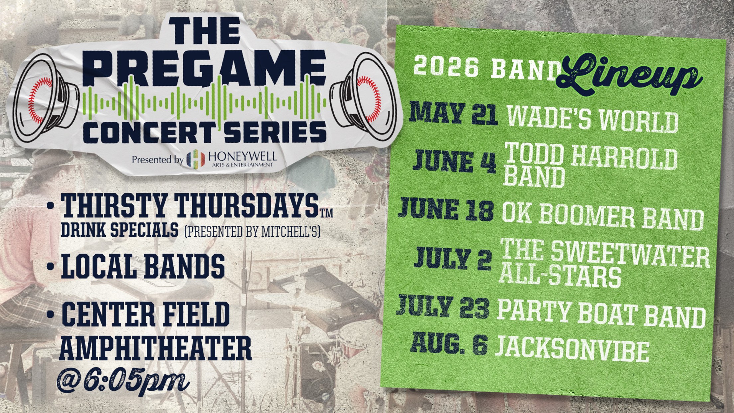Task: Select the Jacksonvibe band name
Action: pyautogui.click(x=572, y=349)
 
